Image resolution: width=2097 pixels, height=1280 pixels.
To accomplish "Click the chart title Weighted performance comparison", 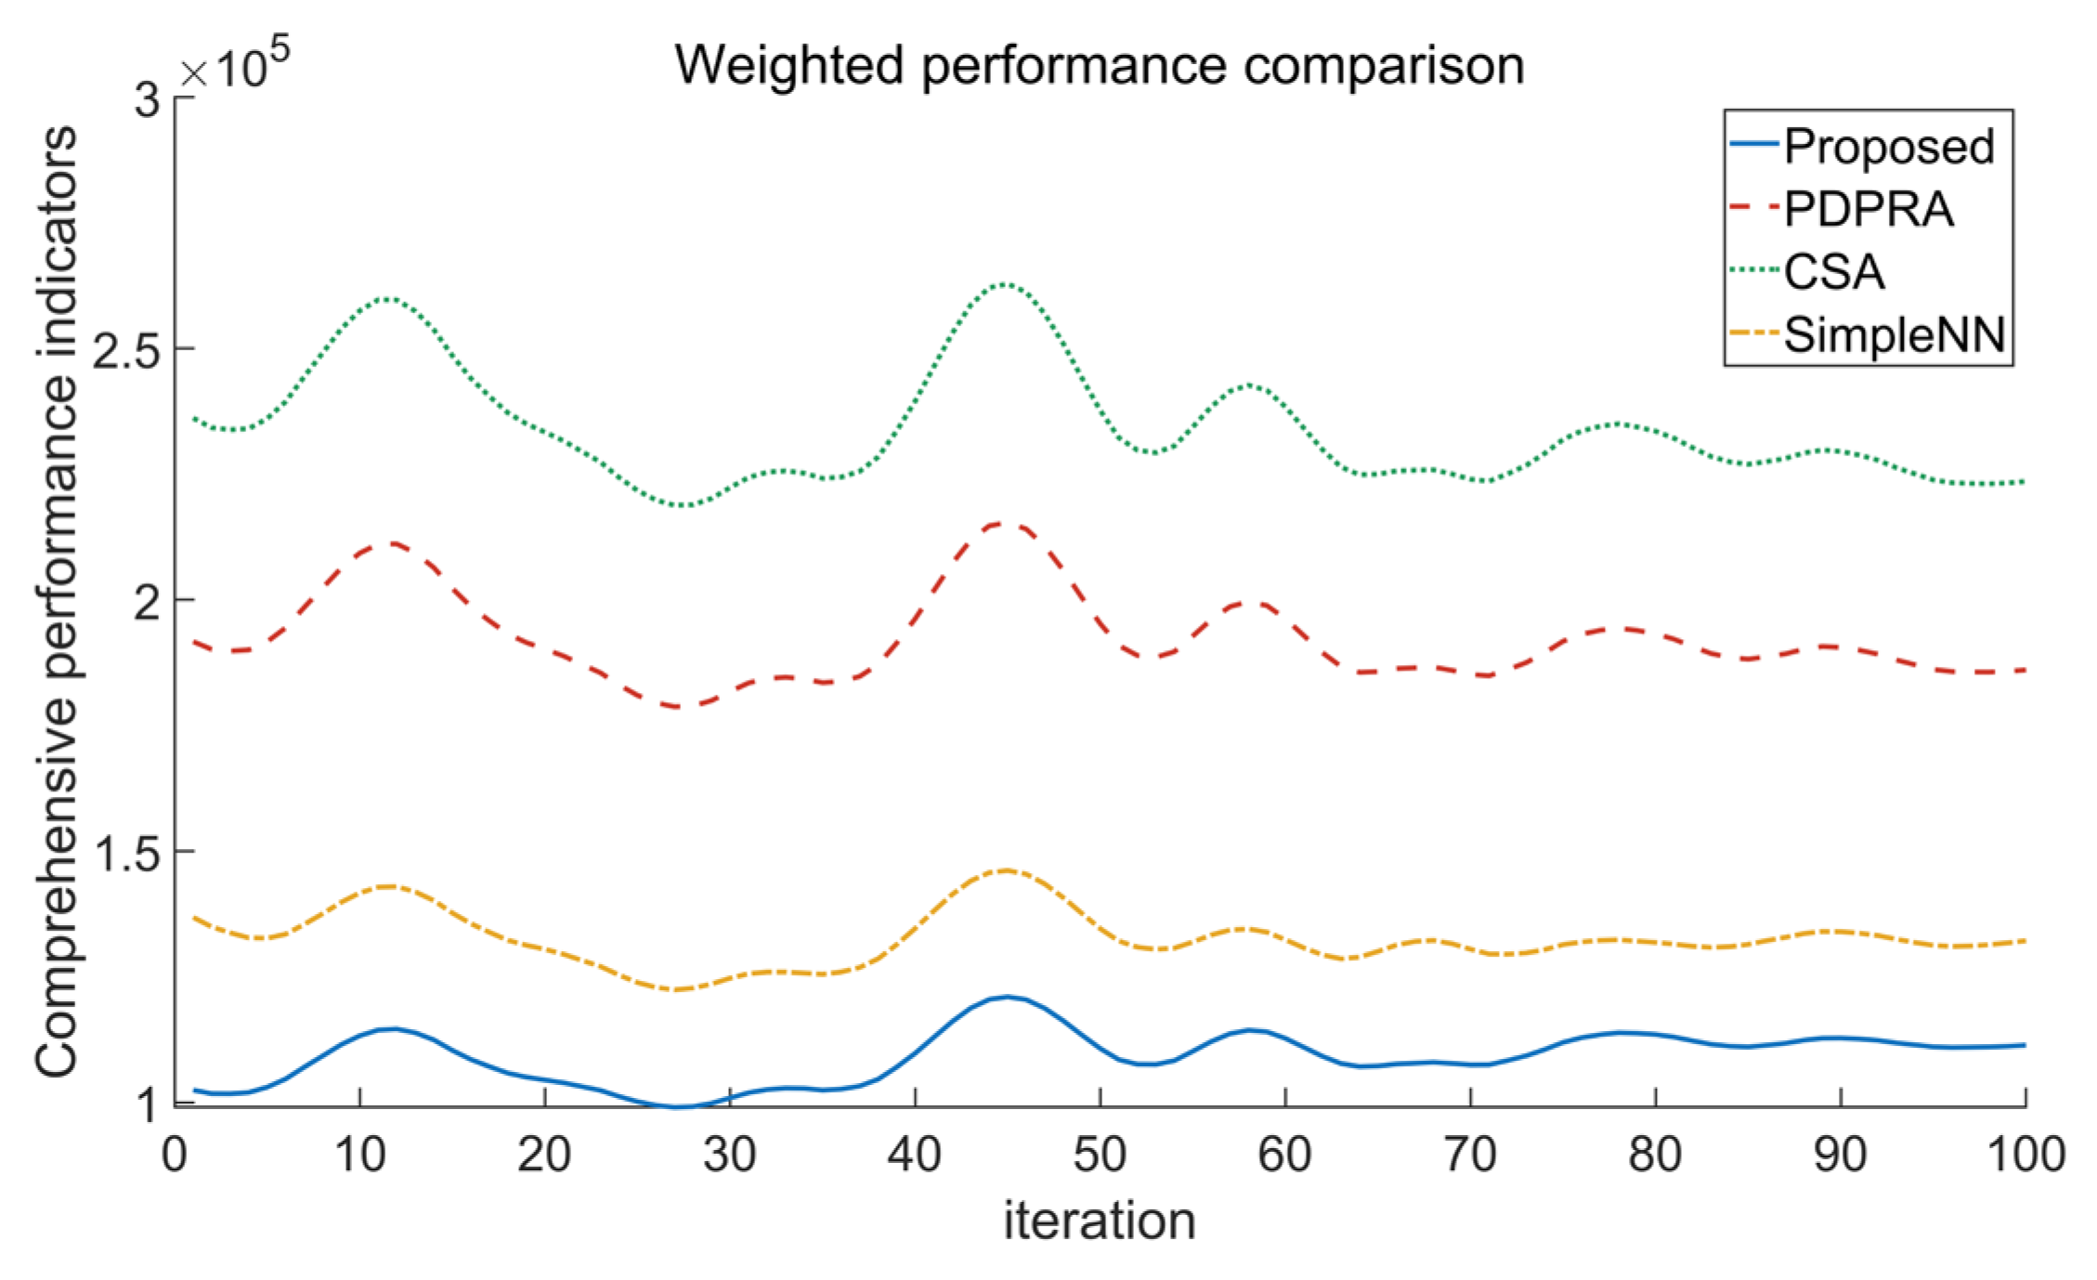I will pos(1100,65).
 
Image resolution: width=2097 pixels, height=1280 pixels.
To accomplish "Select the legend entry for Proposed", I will pos(1889,147).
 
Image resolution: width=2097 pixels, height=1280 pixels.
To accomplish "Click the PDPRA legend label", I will pos(1869,209).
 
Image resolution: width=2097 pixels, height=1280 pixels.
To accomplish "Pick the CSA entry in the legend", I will pos(1834,271).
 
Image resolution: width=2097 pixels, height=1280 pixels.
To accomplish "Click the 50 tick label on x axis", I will pos(1100,1155).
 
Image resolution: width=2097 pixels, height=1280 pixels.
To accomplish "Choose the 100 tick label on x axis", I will pos(2025,1155).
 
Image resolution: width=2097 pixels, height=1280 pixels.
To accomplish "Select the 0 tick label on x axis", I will pos(175,1155).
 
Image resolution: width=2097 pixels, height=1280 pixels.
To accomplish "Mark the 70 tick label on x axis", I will pos(1470,1155).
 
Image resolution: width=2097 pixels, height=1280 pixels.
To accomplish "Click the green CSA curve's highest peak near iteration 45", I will pos(1005,284).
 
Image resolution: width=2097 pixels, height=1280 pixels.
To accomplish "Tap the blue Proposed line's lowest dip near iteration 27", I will pos(678,1106).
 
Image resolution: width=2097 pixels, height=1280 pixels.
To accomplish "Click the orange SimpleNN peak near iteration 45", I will pos(1006,870).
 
